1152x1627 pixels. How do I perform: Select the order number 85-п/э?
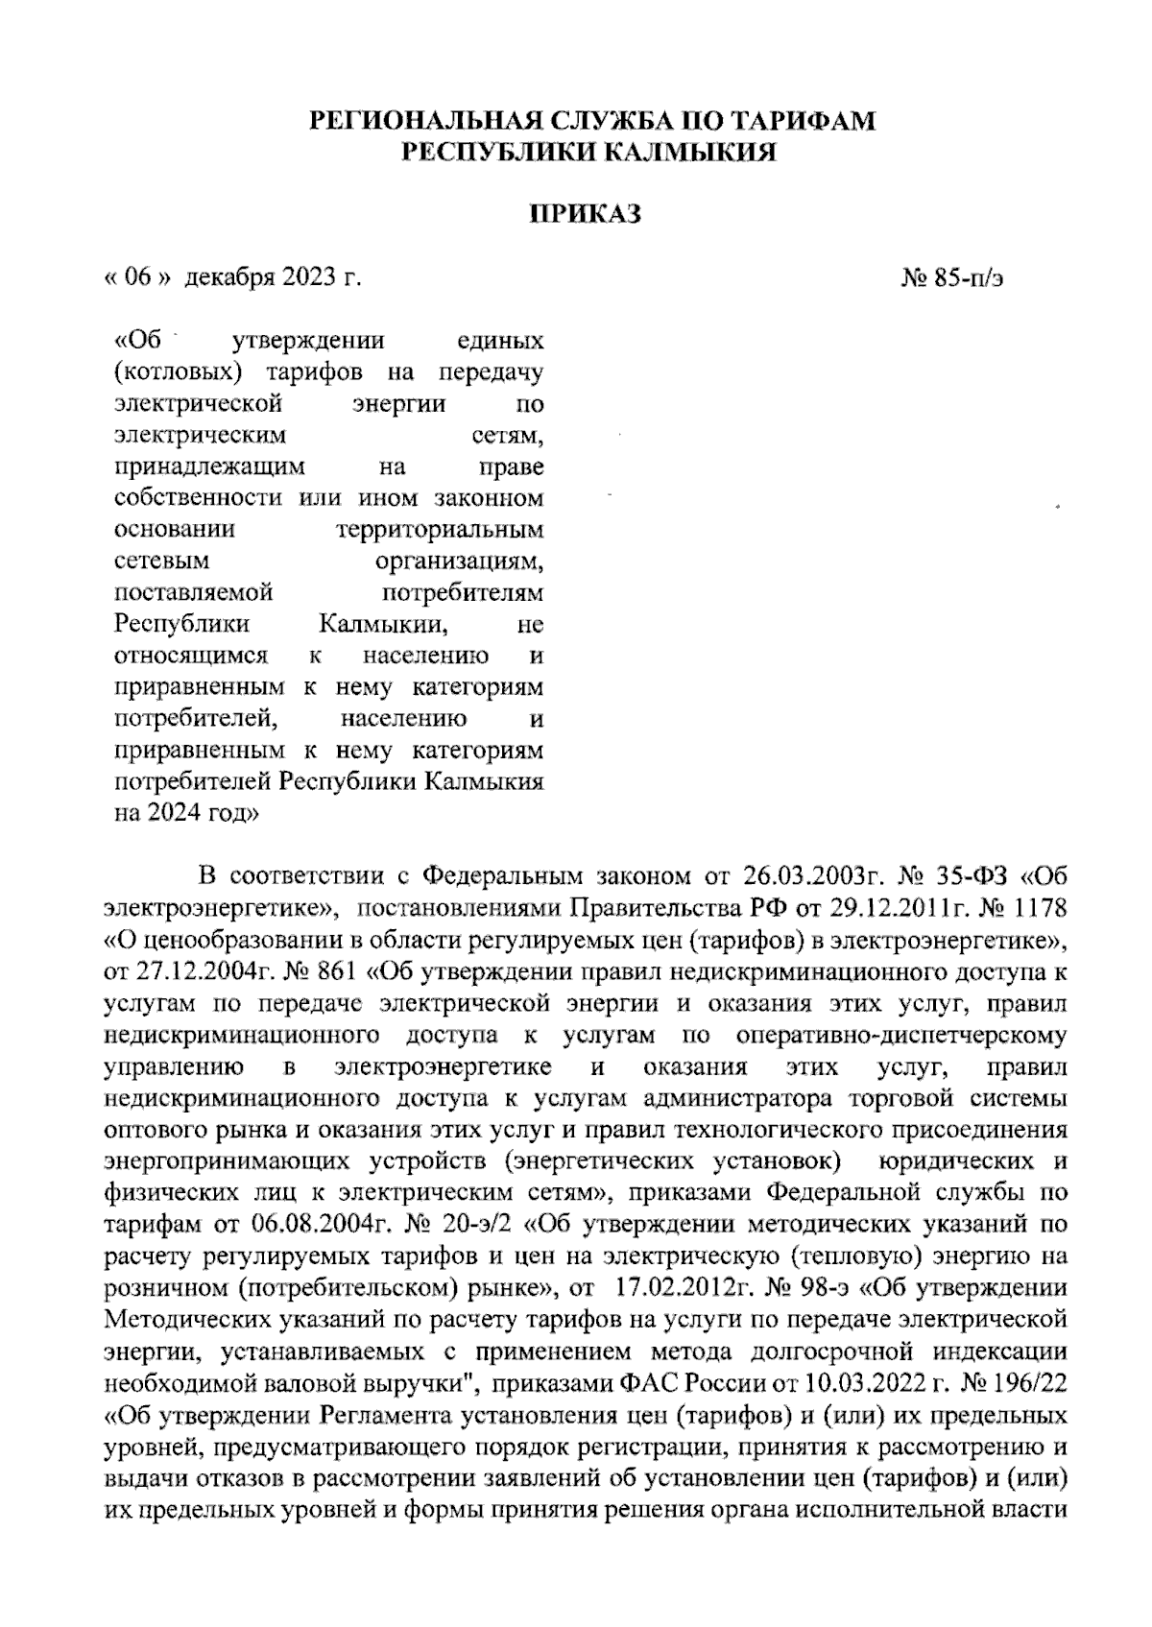[968, 279]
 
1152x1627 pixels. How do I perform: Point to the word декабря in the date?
[230, 279]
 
